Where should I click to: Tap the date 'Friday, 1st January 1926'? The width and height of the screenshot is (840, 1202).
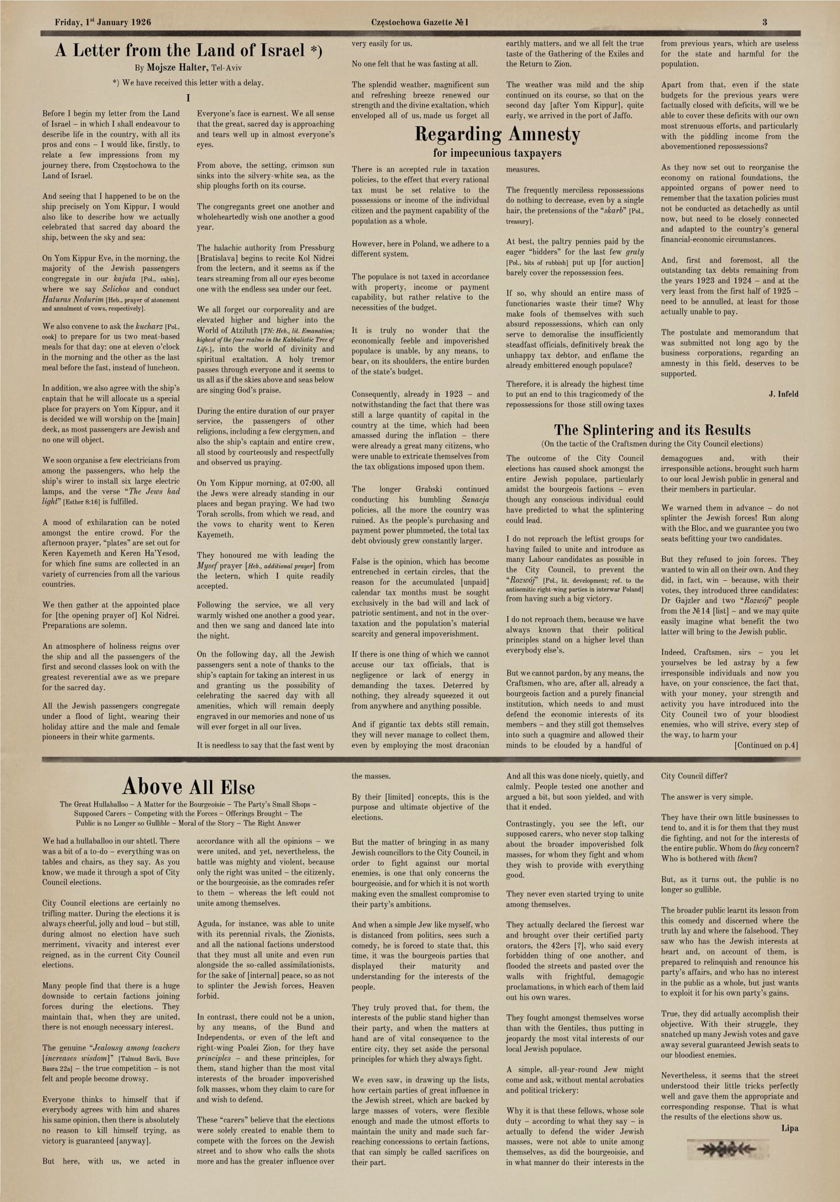[x=103, y=22]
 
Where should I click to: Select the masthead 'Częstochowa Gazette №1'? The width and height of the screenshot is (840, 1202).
[x=420, y=22]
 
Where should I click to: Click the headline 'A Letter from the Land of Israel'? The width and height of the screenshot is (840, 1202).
[x=188, y=51]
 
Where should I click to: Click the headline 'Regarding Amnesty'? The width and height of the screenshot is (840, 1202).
[x=497, y=135]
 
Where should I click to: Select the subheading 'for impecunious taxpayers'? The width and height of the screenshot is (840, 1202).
[x=497, y=153]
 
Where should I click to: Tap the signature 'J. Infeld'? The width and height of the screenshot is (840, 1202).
[x=784, y=394]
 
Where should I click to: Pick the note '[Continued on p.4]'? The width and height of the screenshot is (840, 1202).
[x=767, y=745]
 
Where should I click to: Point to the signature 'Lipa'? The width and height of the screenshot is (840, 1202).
[x=790, y=1128]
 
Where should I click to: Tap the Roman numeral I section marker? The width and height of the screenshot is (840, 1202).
[x=188, y=99]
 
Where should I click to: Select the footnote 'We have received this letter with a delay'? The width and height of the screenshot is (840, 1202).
[x=188, y=83]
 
